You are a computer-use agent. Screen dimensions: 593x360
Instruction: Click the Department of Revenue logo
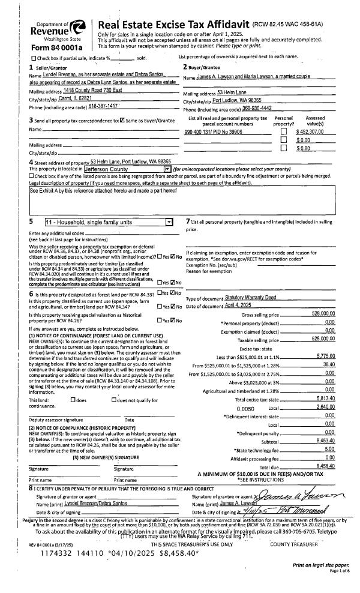click(52, 26)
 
